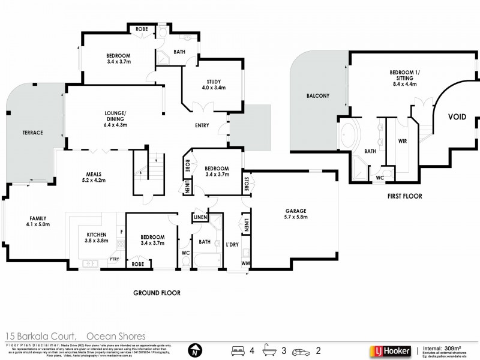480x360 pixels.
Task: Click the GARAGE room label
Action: [x=295, y=211]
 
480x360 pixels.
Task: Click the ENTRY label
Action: [x=202, y=126]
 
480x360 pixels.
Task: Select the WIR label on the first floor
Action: [x=403, y=142]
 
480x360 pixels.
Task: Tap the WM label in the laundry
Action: [x=246, y=262]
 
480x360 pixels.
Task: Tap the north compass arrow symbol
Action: [x=193, y=349]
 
